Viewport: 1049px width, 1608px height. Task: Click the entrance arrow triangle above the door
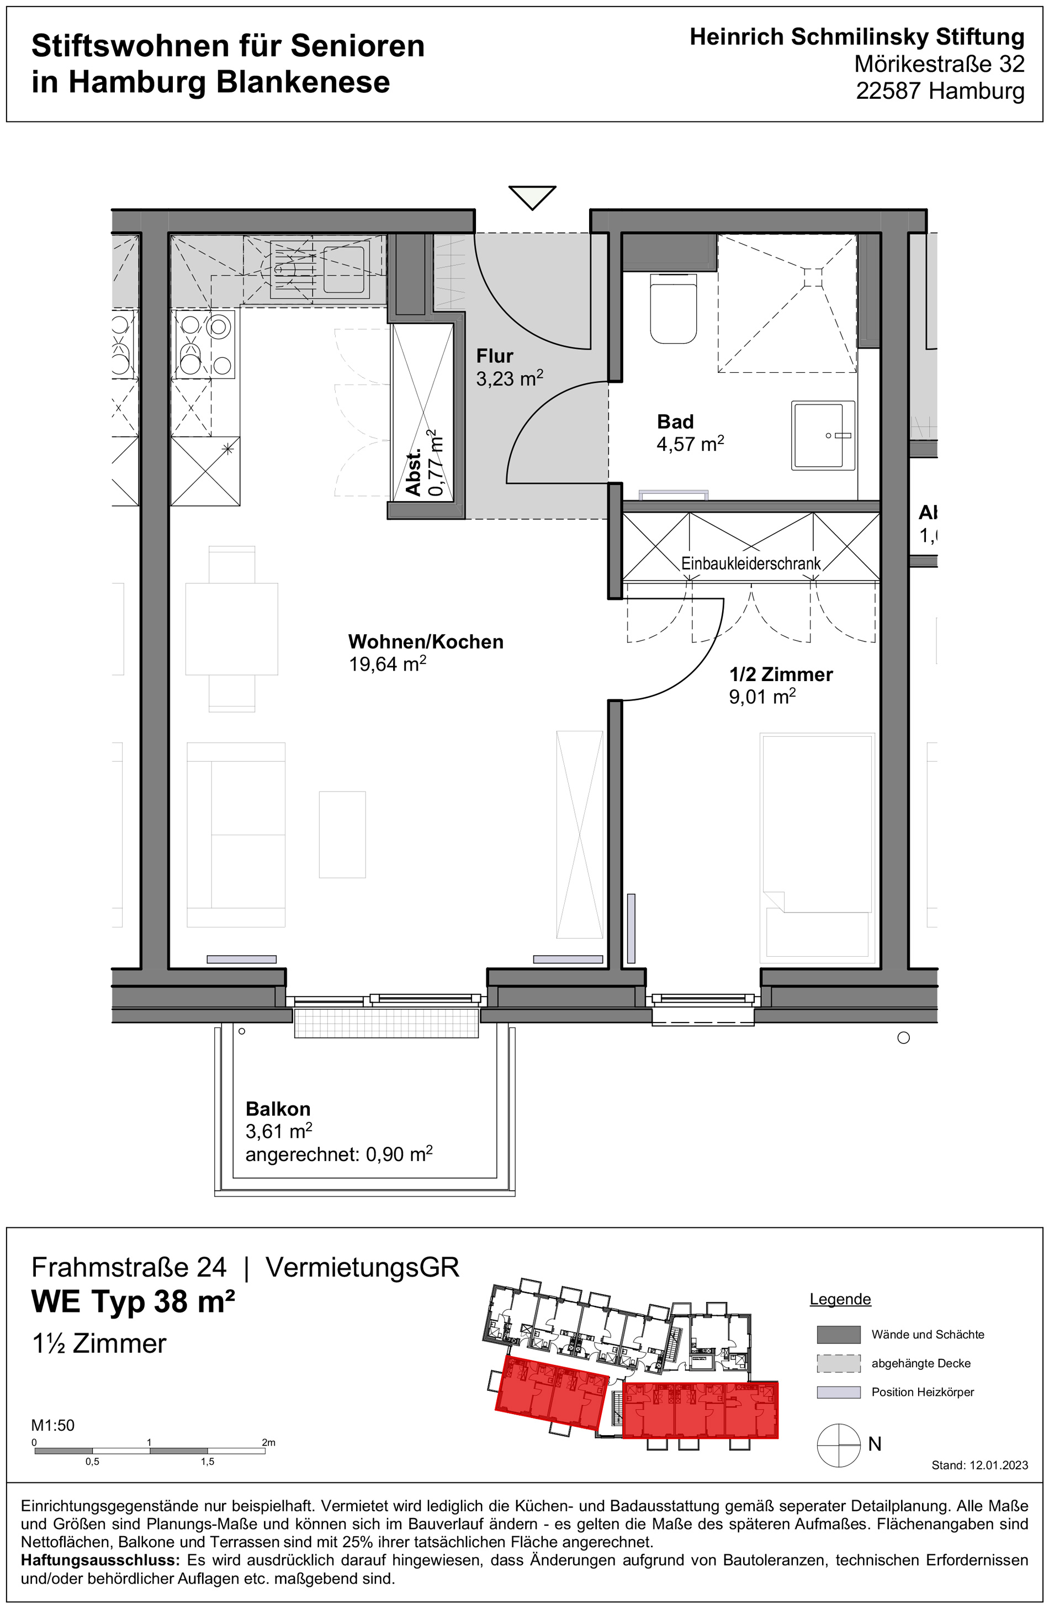coord(532,197)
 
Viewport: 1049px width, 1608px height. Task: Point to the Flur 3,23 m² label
coord(508,367)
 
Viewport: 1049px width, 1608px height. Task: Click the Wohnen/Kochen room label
coord(426,642)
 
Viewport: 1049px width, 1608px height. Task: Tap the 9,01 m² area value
coord(762,697)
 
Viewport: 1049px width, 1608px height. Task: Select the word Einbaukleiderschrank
coord(750,563)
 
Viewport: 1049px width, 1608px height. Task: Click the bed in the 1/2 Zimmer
coord(817,847)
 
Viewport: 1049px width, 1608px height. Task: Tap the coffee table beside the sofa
coord(342,835)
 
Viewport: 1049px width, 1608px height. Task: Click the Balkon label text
coord(278,1109)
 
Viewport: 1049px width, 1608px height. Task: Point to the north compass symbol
coord(838,1444)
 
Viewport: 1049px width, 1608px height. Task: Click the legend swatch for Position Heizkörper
coord(838,1392)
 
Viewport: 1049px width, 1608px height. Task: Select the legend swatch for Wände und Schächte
coord(838,1335)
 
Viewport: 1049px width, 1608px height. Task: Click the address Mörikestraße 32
coord(939,64)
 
